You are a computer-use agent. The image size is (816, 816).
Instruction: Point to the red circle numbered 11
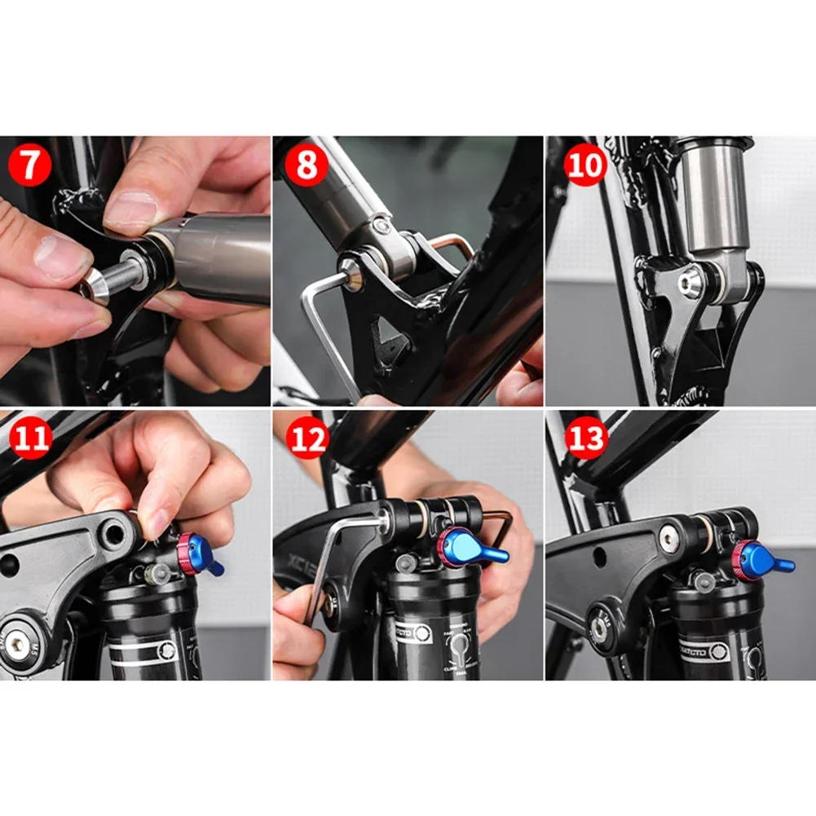pyautogui.click(x=31, y=439)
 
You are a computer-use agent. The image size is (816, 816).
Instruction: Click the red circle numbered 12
pyautogui.click(x=307, y=439)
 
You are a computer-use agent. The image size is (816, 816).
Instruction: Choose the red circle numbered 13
pyautogui.click(x=585, y=439)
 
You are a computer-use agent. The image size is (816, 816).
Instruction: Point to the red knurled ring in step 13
pyautogui.click(x=740, y=561)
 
